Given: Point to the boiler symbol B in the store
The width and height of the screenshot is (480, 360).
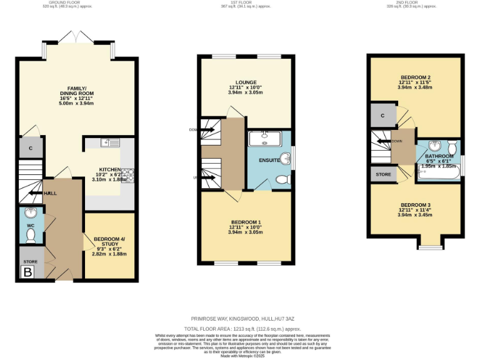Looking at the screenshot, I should click(x=27, y=272).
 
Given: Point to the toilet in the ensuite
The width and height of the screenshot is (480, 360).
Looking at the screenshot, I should click(x=282, y=179).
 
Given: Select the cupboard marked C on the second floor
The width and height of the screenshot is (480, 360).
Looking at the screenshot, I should click(x=382, y=116).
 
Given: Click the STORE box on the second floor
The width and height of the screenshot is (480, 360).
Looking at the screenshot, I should click(x=382, y=174).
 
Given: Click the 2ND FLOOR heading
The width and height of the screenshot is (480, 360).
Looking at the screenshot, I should click(x=414, y=2).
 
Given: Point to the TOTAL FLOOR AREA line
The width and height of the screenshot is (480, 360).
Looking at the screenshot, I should click(x=243, y=328).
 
